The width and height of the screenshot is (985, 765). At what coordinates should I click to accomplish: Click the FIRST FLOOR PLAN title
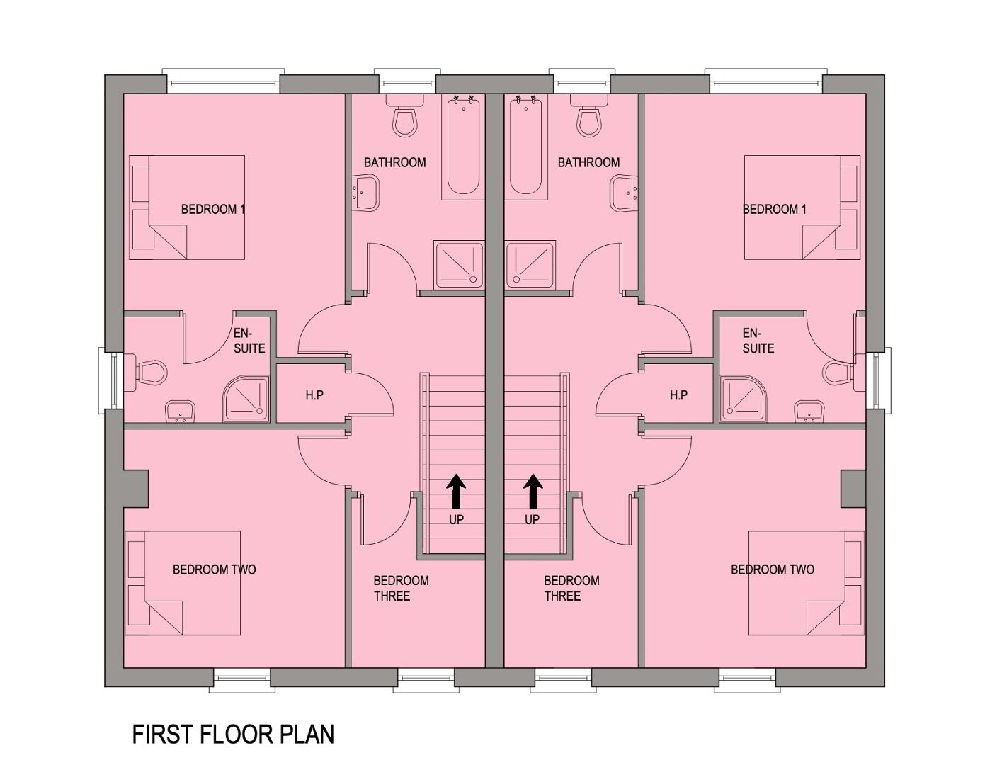233,735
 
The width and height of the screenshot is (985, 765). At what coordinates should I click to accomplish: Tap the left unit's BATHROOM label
395,162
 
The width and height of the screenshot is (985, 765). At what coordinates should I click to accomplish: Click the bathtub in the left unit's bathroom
463,147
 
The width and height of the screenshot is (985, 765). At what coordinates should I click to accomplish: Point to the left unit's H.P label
314,396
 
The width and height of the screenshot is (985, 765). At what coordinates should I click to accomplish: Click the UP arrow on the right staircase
533,491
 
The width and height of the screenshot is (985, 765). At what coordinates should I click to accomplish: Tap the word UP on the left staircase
457,519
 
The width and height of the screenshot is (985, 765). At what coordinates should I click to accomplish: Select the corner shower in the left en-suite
246,399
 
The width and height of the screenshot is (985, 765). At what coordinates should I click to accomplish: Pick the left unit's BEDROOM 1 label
213,210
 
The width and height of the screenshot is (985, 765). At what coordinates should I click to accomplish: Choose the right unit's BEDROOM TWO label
773,569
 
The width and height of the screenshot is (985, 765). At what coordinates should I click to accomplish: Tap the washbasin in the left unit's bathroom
365,193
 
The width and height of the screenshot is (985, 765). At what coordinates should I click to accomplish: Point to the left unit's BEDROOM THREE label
402,588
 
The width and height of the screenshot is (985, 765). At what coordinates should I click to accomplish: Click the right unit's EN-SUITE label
758,341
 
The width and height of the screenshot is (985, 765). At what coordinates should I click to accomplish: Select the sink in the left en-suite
180,412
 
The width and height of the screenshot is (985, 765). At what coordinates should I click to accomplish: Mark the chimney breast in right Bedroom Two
853,489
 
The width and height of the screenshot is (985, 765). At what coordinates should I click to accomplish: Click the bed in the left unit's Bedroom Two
183,583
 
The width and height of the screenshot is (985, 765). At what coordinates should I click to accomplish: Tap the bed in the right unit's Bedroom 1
802,208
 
